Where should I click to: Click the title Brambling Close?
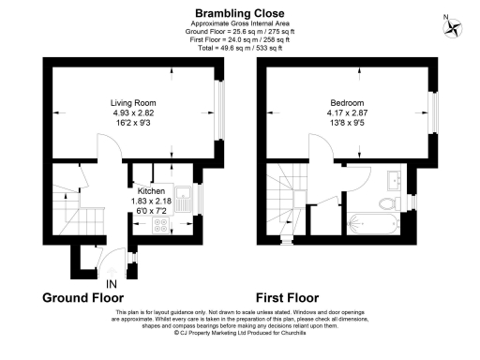pos(239,13)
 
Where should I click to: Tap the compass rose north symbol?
pos(456,27)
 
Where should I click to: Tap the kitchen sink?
pos(186,198)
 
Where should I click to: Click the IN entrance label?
pos(112,284)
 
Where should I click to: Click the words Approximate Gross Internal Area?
pos(239,24)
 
